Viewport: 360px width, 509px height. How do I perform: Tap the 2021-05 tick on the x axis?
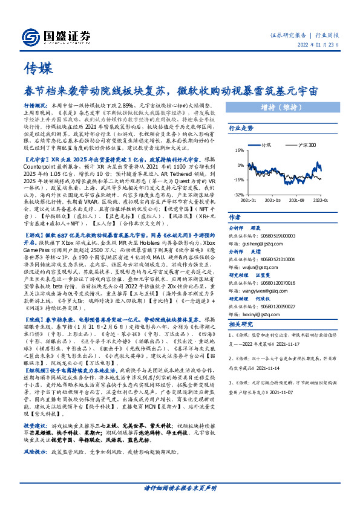pos(277,199)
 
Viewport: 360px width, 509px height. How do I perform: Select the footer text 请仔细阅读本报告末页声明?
pos(180,487)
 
